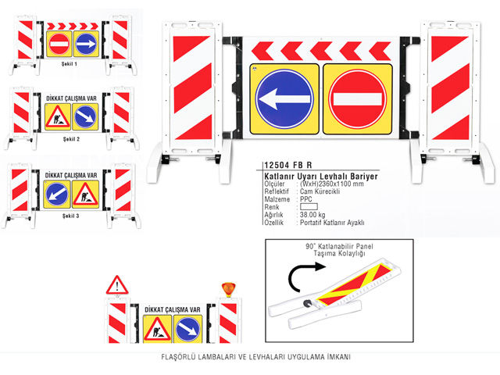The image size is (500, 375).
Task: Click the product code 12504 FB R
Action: pos(288,165)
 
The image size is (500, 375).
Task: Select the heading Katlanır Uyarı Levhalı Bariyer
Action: pos(321,177)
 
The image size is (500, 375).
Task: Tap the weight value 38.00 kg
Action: pos(312,215)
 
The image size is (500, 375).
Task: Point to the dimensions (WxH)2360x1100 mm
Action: pos(331,184)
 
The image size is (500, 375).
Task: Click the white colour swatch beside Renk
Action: pos(309,206)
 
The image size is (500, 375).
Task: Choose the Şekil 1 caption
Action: pos(70,64)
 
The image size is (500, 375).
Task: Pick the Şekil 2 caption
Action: pos(71,139)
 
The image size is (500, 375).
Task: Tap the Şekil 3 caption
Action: pos(70,216)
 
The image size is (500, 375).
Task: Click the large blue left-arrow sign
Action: pos(284,99)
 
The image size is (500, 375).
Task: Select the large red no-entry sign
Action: pos(358,99)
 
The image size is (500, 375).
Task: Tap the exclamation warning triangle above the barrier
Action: pos(117,285)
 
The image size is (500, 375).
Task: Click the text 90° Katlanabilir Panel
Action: pos(339,246)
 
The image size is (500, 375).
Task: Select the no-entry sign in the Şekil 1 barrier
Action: pos(59,44)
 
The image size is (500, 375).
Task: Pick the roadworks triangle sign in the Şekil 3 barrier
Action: pos(85,195)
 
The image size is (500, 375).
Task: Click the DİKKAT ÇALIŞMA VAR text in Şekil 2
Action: pos(71,98)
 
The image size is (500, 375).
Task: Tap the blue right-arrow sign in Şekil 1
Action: pos(86,44)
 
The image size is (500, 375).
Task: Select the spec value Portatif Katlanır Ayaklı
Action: pos(332,223)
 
